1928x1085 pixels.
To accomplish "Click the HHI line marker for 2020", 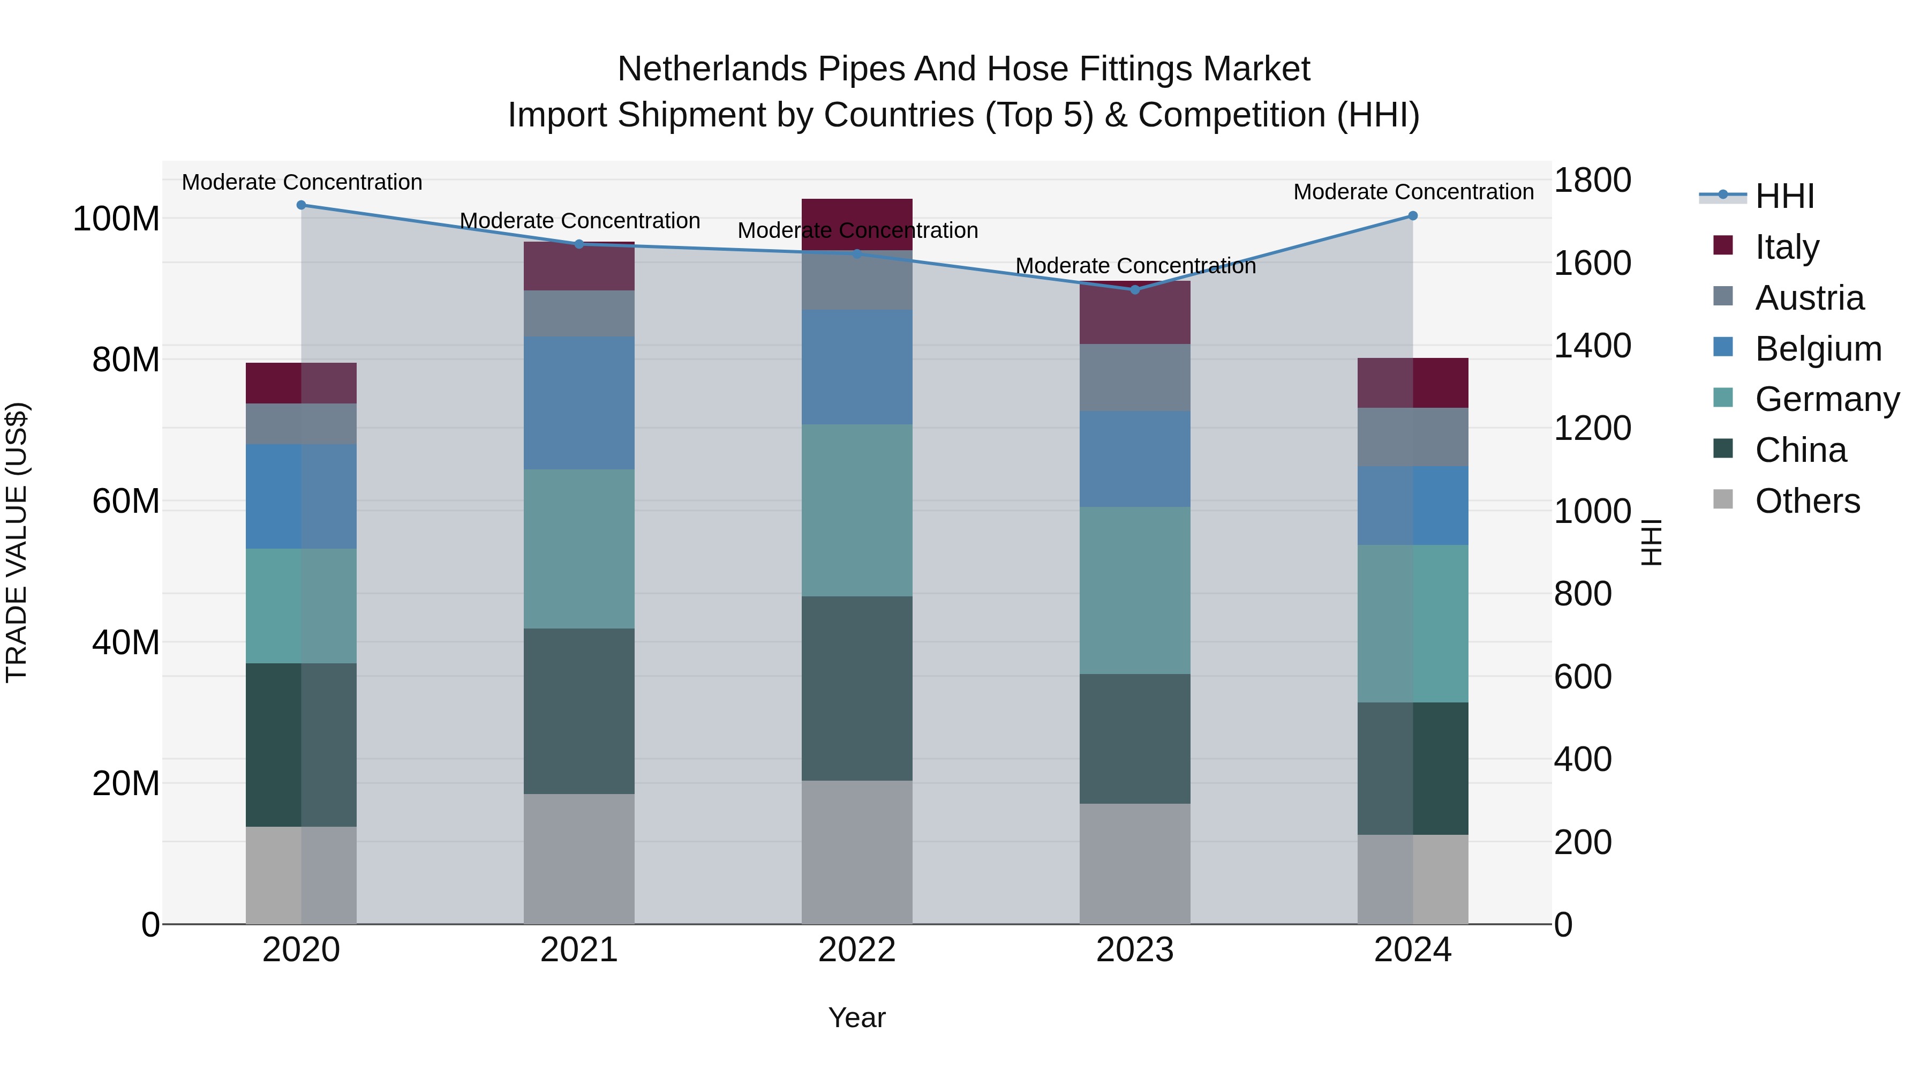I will tap(301, 205).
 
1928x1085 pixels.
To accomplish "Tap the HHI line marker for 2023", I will tap(1135, 290).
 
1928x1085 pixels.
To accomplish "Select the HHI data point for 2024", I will tap(1412, 215).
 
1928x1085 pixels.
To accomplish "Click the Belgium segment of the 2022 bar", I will tap(857, 367).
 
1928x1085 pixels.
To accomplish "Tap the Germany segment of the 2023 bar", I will tap(1135, 590).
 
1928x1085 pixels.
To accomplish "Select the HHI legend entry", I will tap(1784, 196).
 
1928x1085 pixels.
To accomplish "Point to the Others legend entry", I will tap(1807, 501).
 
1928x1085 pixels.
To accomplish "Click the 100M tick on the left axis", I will tap(116, 219).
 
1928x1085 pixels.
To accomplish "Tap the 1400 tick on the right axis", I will tap(1592, 346).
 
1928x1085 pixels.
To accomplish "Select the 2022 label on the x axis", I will tap(857, 950).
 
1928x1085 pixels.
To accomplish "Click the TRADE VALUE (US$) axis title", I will tap(17, 542).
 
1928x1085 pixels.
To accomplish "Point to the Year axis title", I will tap(857, 1017).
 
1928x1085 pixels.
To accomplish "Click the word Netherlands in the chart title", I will tap(712, 69).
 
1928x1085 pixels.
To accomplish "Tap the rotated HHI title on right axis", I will tap(1651, 542).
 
